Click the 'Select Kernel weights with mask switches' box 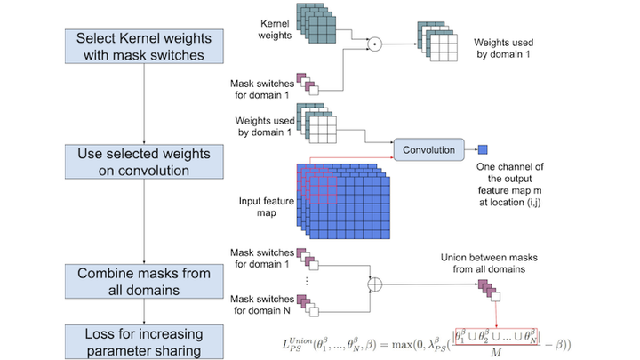pos(144,46)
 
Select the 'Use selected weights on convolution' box pos(144,162)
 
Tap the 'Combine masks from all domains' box pos(144,281)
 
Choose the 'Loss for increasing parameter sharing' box pos(144,342)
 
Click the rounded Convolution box pos(429,149)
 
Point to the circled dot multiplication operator pos(375,44)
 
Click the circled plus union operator pos(375,284)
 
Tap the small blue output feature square pos(483,149)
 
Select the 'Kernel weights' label pos(275,29)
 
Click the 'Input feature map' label pos(266,207)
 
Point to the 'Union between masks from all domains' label pos(489,263)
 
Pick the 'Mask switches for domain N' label pos(262,305)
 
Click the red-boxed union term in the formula pos(496,337)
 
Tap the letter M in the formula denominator pos(496,352)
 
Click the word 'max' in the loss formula pos(401,345)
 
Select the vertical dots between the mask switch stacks pos(307,281)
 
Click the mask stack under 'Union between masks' pos(489,291)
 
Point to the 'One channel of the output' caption pos(510,172)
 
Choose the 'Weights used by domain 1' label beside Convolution pos(265,126)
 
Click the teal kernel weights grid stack pos(316,23)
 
